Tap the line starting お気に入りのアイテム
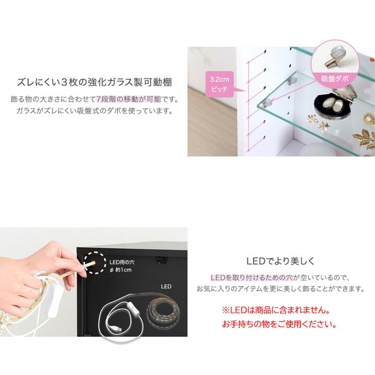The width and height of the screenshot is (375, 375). [280, 289]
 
